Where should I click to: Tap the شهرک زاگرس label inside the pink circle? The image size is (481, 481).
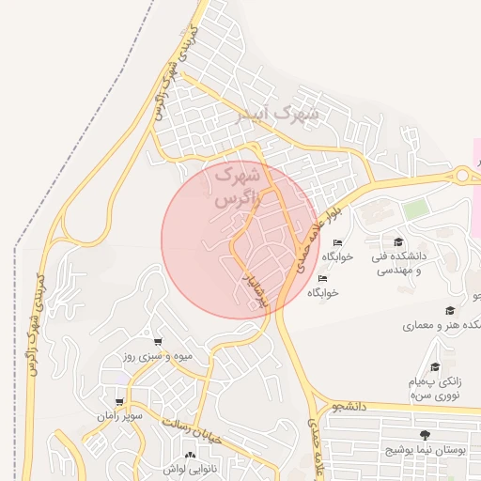pyautogui.click(x=235, y=187)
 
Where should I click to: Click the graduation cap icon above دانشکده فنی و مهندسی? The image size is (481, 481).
pyautogui.click(x=397, y=241)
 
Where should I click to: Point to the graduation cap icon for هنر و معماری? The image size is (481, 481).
pyautogui.click(x=450, y=311)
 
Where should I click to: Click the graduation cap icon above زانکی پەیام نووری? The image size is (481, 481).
pyautogui.click(x=434, y=367)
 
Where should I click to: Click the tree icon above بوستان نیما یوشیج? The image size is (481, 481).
pyautogui.click(x=426, y=435)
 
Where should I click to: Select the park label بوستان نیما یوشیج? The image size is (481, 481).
pyautogui.click(x=426, y=451)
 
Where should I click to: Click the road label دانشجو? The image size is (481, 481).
pyautogui.click(x=348, y=406)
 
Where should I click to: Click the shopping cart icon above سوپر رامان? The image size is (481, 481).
pyautogui.click(x=119, y=401)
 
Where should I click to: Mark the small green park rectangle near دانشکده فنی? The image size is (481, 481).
pyautogui.click(x=415, y=209)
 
